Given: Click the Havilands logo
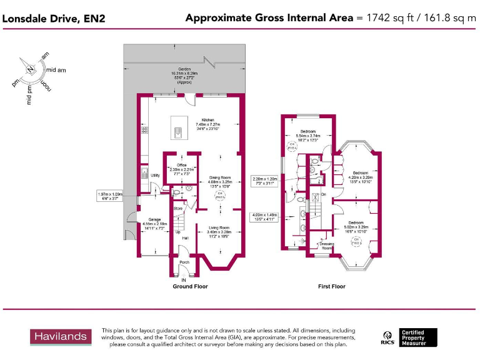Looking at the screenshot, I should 61,337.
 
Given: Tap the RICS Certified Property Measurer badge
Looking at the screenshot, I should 409,337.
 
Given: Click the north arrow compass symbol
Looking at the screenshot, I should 29,68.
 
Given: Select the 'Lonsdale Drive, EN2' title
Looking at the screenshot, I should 54,18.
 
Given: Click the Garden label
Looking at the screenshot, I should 184,69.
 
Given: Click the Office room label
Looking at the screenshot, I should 182,165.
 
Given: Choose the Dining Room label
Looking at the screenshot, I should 220,177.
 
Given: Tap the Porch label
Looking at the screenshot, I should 184,262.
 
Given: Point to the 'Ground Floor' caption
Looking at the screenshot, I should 190,286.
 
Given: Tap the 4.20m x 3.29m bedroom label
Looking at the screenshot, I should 360,172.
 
